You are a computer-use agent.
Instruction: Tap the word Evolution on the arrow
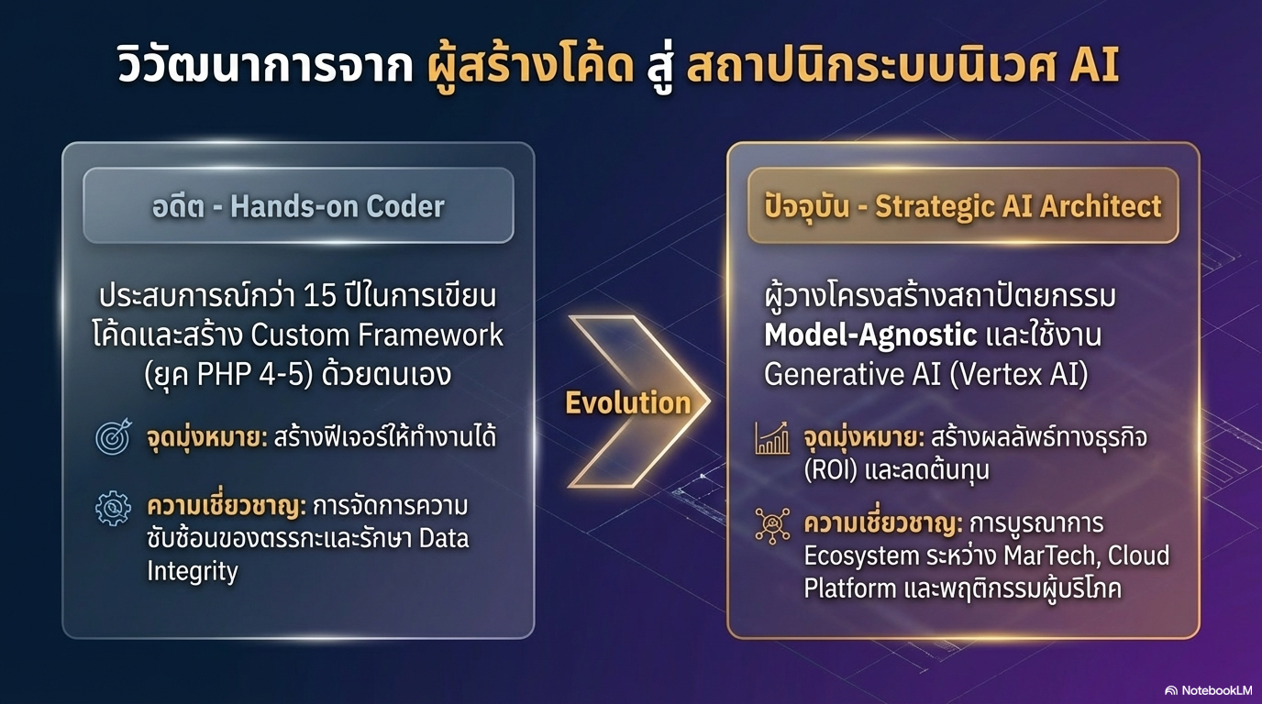point(627,402)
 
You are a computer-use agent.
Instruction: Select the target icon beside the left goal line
point(115,437)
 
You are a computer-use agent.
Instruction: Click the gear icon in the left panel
point(114,509)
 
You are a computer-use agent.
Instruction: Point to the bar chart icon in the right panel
point(772,438)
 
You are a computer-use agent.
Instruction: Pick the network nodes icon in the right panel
point(772,525)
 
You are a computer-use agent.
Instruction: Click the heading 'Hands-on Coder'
point(338,205)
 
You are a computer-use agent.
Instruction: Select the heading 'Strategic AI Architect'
point(1018,205)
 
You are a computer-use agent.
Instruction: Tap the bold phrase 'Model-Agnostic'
point(870,335)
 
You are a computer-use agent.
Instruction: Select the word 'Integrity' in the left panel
point(193,571)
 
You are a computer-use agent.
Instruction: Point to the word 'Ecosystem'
point(861,555)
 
